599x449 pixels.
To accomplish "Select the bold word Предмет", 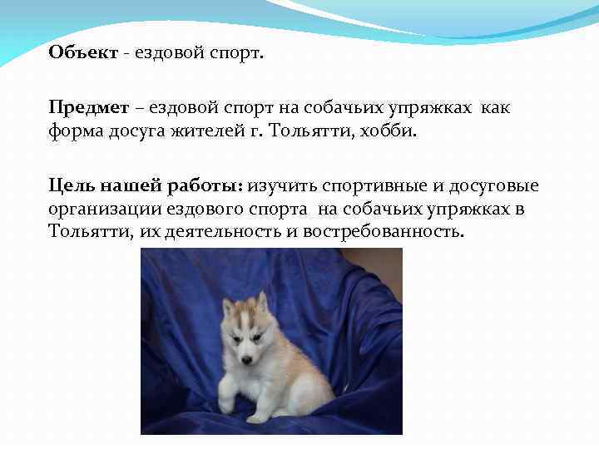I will click(x=88, y=108).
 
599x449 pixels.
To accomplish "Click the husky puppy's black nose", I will click(x=246, y=360).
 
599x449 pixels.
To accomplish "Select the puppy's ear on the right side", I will click(x=262, y=300).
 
